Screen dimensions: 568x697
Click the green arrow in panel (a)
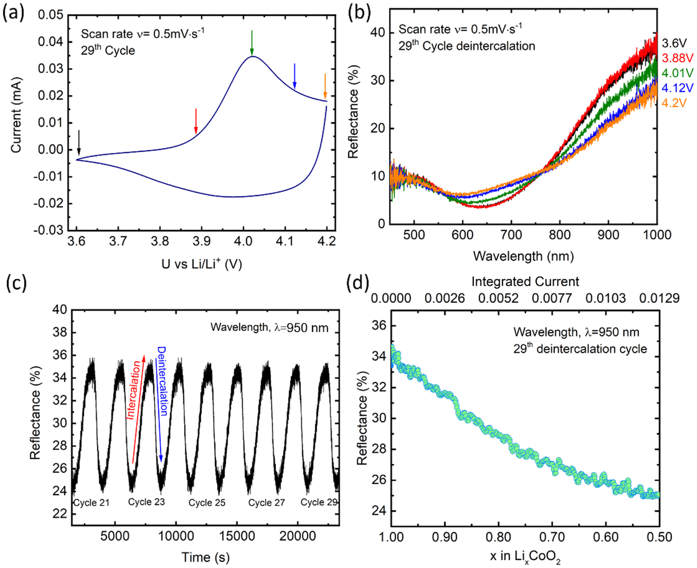(x=252, y=42)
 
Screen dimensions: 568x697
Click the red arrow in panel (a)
(x=196, y=121)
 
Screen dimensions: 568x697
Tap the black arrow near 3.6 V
(x=79, y=143)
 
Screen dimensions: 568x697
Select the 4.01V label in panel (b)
(x=677, y=73)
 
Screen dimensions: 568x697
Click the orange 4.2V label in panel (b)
(x=674, y=103)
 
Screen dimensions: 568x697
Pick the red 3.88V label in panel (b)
(x=677, y=58)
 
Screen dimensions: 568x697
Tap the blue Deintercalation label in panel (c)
(x=162, y=381)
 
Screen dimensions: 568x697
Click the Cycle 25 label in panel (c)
(x=207, y=503)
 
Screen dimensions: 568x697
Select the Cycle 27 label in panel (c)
(x=267, y=503)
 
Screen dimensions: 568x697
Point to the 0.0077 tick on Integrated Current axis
(x=552, y=298)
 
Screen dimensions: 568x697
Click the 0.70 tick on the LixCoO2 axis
(x=552, y=537)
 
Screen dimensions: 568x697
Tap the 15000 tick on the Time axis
(x=237, y=536)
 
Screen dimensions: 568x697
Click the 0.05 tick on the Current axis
(x=51, y=15)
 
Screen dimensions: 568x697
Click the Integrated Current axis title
(x=525, y=282)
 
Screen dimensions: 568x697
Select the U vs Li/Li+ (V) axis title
(x=201, y=264)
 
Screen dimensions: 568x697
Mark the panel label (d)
(x=357, y=283)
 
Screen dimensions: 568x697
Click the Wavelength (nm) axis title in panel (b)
(x=523, y=256)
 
